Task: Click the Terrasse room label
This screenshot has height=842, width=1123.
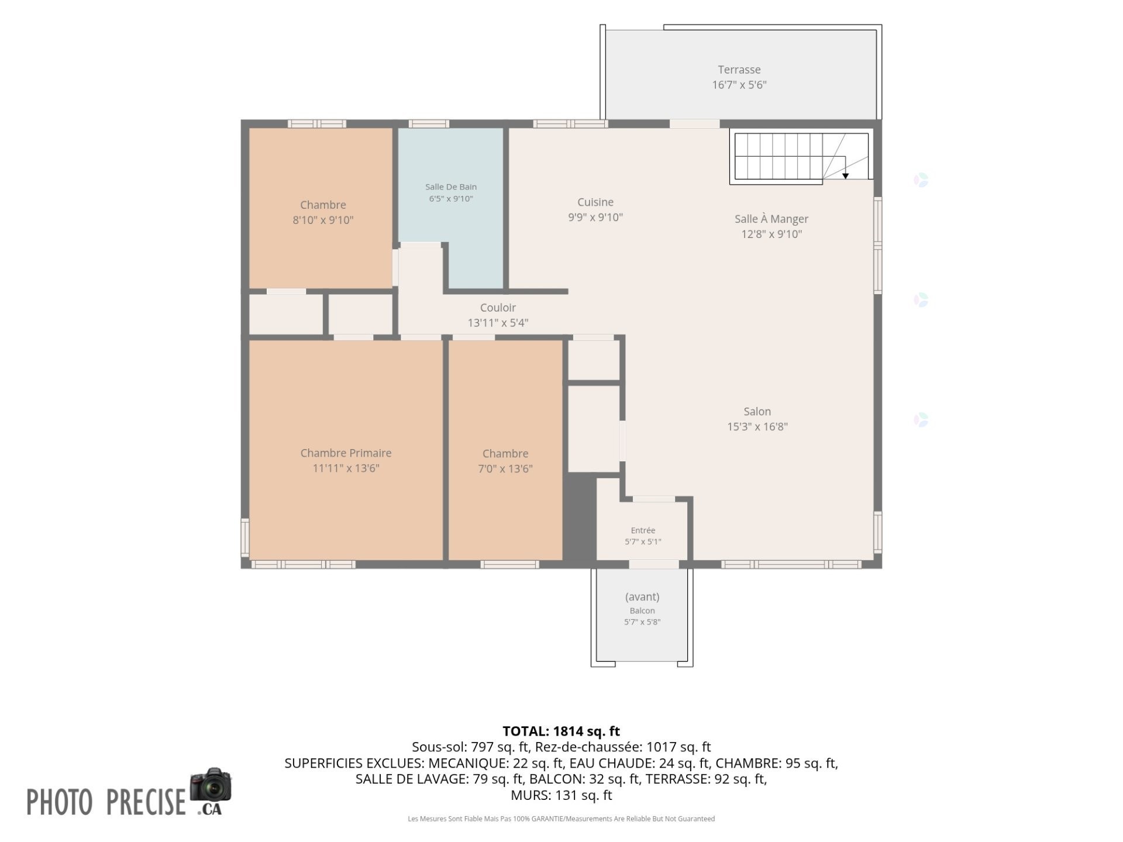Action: pos(739,70)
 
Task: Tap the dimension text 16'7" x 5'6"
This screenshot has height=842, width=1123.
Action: pos(739,85)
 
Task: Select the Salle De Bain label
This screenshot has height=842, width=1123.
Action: pos(451,187)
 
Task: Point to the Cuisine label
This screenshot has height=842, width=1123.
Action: pos(595,202)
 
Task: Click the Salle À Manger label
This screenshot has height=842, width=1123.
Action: pos(771,219)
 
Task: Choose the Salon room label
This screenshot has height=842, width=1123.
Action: pos(757,412)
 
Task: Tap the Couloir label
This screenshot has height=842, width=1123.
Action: pos(498,308)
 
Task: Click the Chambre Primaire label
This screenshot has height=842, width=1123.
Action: pos(346,453)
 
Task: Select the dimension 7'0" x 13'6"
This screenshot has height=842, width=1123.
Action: pos(505,468)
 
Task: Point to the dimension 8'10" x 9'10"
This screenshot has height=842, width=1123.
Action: pos(323,220)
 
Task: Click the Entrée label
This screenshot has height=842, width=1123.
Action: pos(643,530)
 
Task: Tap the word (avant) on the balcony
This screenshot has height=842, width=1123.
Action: pos(642,597)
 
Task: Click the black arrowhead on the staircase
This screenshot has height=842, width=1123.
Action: pos(845,176)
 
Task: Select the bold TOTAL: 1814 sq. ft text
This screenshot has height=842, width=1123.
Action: pos(561,731)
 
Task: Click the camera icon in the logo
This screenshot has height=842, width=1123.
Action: pos(211,785)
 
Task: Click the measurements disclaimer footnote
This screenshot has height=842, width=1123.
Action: pos(561,819)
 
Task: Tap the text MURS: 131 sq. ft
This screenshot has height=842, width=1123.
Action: pos(561,795)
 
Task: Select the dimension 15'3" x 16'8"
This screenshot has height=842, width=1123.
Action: pos(757,427)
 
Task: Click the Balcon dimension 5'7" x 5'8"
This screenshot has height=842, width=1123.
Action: pos(642,622)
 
